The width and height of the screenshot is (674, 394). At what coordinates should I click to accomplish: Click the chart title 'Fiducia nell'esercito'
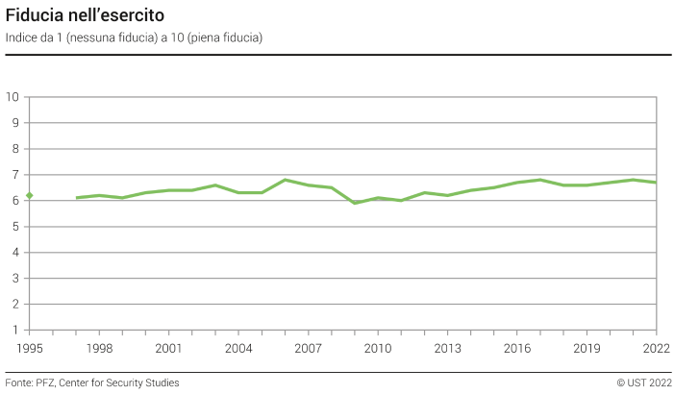click(85, 16)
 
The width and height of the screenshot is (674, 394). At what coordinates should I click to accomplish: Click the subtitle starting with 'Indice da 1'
click(134, 37)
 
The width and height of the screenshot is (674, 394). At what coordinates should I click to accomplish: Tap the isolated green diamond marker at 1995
click(30, 196)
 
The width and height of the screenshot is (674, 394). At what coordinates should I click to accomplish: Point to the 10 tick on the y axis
click(13, 97)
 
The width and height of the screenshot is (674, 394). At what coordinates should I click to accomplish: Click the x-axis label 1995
click(30, 348)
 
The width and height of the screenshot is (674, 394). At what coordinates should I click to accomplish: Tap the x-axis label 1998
click(99, 348)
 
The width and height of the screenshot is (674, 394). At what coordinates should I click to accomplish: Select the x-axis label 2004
click(238, 348)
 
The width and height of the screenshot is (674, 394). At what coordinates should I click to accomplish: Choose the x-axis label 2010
click(378, 348)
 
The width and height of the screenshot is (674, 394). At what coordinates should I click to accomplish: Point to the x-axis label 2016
click(517, 348)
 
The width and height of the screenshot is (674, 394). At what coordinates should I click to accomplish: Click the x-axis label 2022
click(656, 348)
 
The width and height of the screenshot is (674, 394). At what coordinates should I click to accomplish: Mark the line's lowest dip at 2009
click(355, 203)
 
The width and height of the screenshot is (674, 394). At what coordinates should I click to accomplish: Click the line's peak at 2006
click(285, 180)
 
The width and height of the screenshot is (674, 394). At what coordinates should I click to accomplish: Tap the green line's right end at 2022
click(656, 183)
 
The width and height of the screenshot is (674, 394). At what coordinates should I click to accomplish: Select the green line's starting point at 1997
click(77, 198)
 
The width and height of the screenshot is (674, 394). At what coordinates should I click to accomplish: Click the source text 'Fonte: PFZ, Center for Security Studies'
click(92, 382)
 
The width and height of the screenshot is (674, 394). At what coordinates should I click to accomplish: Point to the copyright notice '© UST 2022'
click(643, 382)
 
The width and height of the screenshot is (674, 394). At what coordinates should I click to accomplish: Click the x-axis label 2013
click(447, 348)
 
